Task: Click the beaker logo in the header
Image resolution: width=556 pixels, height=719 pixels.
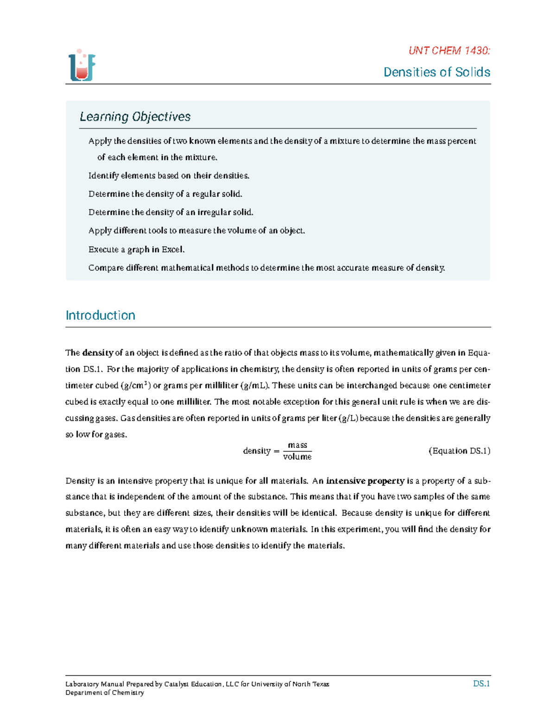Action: (x=82, y=66)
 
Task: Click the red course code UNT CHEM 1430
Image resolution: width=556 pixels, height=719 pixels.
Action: (x=449, y=51)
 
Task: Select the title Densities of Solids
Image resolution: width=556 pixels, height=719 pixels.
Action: (x=436, y=72)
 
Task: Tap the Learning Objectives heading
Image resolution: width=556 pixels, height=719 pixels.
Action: (x=135, y=117)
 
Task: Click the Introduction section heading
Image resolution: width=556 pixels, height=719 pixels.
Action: (x=100, y=315)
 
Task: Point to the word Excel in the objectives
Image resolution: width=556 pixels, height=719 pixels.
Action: (x=172, y=250)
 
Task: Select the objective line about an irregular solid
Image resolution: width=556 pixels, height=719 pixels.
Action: (x=171, y=213)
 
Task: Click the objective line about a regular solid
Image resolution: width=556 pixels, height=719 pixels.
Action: (x=165, y=194)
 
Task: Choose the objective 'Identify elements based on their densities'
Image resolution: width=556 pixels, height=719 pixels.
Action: (x=169, y=175)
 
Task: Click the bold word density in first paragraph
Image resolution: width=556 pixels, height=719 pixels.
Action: (x=97, y=353)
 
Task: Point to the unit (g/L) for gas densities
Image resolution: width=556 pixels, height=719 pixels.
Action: (x=348, y=418)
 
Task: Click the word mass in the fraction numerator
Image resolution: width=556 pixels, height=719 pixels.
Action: (x=297, y=445)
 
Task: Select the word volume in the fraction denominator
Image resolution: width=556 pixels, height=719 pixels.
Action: (x=297, y=457)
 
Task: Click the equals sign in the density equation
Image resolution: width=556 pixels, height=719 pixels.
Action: (x=277, y=451)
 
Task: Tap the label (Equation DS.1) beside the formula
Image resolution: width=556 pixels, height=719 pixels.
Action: (x=459, y=451)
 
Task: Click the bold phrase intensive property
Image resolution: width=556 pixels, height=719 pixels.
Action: (x=365, y=481)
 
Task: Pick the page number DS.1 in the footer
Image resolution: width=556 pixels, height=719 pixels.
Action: (x=481, y=684)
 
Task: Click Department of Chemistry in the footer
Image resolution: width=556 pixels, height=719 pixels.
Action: (x=105, y=693)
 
